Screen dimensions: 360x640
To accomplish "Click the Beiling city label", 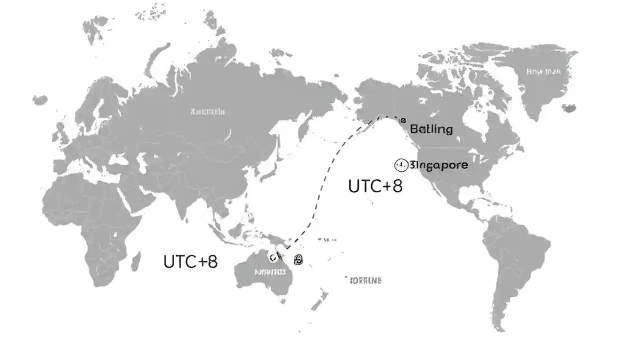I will tap(431, 129).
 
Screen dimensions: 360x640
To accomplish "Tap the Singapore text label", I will tap(439, 165).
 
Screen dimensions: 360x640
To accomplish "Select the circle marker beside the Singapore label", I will tap(401, 165).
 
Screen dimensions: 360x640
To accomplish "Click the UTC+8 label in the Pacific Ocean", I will tap(375, 186).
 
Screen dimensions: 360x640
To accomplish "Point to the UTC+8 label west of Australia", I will tap(190, 261).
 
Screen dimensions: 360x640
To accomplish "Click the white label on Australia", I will tap(270, 272).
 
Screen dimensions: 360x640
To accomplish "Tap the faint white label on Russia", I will tap(208, 112).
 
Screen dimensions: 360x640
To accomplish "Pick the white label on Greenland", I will tap(543, 72).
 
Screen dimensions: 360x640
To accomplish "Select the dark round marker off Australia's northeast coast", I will tap(298, 259).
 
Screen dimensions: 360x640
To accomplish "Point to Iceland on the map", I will tap(569, 108).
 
